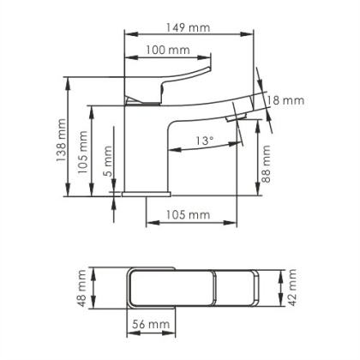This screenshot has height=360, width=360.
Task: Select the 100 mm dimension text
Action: pos(166,51)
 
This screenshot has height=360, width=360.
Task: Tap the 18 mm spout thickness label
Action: pos(286,100)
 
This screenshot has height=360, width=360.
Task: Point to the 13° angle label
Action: pos(204,140)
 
